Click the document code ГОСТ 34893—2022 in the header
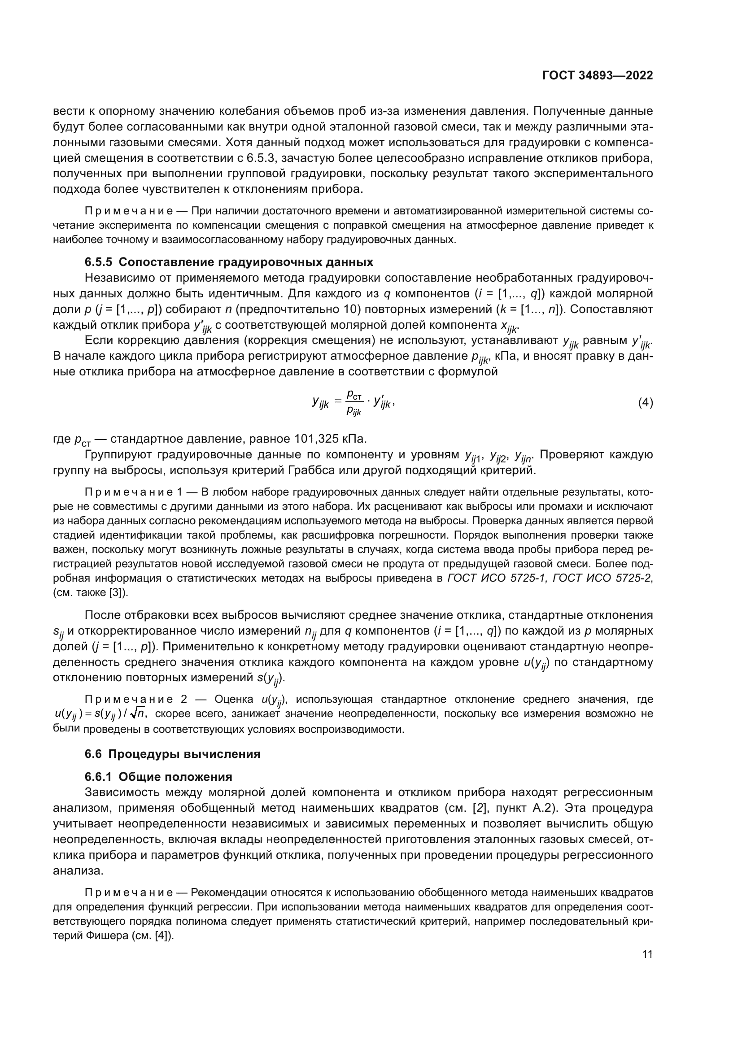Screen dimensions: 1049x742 tap(597, 76)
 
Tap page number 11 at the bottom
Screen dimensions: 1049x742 tap(647, 954)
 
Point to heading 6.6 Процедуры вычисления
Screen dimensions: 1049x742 tap(172, 754)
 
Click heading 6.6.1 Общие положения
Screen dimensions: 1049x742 tap(158, 777)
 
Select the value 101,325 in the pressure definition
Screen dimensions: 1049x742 tap(315, 439)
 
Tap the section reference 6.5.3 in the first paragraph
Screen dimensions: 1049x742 tap(259, 158)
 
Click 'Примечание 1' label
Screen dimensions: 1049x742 tap(133, 492)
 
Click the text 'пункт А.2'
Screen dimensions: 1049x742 tap(521, 808)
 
